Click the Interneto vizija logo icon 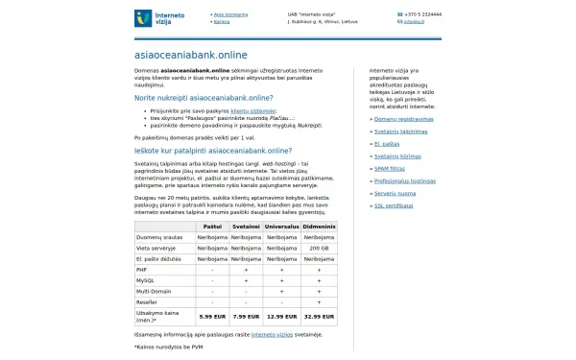144,17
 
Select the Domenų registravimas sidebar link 403,118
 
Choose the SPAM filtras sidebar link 390,168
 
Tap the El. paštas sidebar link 387,143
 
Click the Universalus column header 281,226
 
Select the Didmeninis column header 319,226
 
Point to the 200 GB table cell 319,247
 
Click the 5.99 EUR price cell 211,315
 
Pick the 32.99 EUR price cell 319,315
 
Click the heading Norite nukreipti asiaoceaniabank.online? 204,98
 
